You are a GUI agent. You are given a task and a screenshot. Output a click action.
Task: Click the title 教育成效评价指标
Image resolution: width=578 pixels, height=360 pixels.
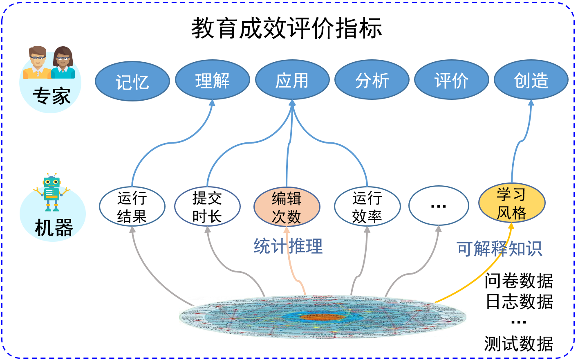tap(287, 29)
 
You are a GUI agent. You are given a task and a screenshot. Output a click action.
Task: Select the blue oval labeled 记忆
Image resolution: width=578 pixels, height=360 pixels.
tap(132, 81)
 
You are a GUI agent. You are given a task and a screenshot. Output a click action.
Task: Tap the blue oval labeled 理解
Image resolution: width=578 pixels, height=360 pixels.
tap(212, 80)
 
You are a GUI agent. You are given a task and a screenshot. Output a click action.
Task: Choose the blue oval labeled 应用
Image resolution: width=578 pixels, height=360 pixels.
tap(292, 80)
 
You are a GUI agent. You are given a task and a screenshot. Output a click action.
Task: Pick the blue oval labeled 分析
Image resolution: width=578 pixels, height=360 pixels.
tap(372, 80)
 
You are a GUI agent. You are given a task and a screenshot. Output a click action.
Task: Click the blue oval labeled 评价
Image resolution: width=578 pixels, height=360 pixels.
tap(451, 80)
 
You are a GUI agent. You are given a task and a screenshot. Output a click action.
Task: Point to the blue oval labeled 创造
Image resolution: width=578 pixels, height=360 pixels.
tap(531, 80)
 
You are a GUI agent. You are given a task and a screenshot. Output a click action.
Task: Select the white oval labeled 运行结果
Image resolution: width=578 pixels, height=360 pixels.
tap(132, 207)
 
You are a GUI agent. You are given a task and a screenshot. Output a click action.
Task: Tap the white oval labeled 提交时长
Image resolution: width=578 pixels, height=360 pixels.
tap(207, 207)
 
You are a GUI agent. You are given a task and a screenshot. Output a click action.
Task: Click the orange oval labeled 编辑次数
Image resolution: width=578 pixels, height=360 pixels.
tap(287, 207)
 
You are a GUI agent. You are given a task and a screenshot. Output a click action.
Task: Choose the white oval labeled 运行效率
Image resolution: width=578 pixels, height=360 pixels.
tap(367, 207)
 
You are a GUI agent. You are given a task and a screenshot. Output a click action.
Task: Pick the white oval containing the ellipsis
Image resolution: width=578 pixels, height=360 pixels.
tap(439, 206)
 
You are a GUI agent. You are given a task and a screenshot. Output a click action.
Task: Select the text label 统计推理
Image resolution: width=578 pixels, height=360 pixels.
tap(288, 246)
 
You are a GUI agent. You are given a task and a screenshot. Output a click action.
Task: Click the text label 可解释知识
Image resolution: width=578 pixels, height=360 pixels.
tap(499, 248)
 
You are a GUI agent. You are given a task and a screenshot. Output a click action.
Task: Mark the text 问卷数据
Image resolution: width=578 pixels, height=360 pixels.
tap(519, 281)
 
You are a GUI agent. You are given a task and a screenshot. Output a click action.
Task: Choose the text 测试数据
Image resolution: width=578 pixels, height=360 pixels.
tap(519, 344)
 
